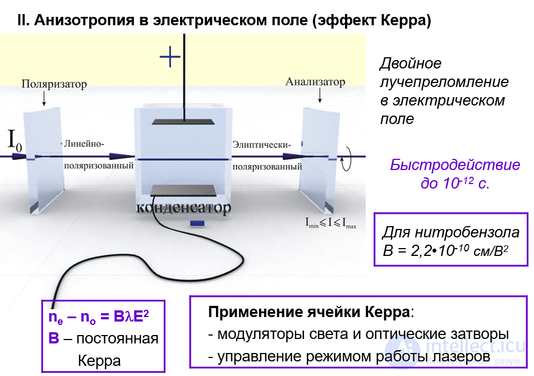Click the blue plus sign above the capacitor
coord(171,57)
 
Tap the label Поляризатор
coord(54,84)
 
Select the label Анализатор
coord(315,82)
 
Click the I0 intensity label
coord(15,140)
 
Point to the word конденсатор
coord(183,209)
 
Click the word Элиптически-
coord(261,144)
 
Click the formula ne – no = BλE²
coord(99,318)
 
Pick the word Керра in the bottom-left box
coord(99,360)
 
